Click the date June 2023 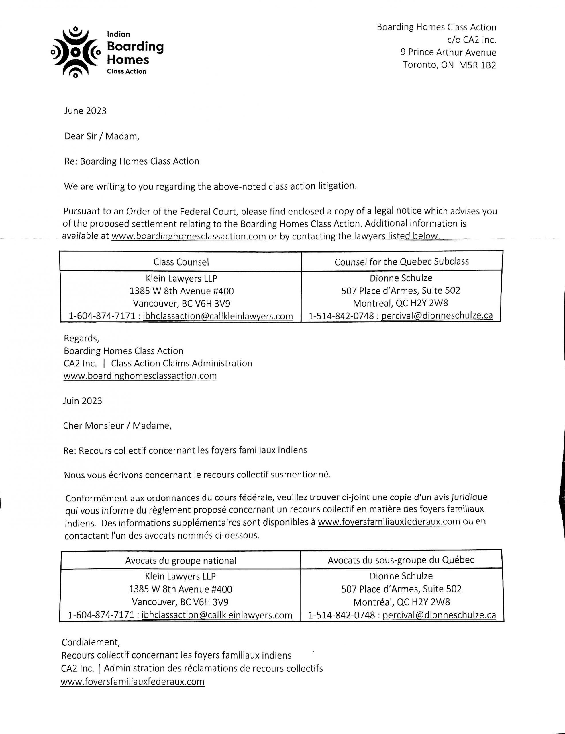click(x=85, y=111)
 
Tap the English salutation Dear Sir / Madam click(x=101, y=136)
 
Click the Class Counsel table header click(x=181, y=262)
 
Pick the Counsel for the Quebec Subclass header click(x=401, y=261)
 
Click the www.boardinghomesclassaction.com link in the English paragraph click(x=189, y=236)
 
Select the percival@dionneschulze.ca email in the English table click(x=437, y=316)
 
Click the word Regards click(x=81, y=338)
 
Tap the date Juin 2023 click(x=83, y=401)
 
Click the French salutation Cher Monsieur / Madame click(x=117, y=426)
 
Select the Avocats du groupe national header click(x=181, y=561)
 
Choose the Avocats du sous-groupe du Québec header click(x=401, y=560)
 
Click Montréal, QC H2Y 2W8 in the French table click(x=402, y=602)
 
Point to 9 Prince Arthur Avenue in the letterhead click(x=448, y=52)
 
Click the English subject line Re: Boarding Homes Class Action click(x=132, y=161)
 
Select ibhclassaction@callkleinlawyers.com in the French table click(x=217, y=615)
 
